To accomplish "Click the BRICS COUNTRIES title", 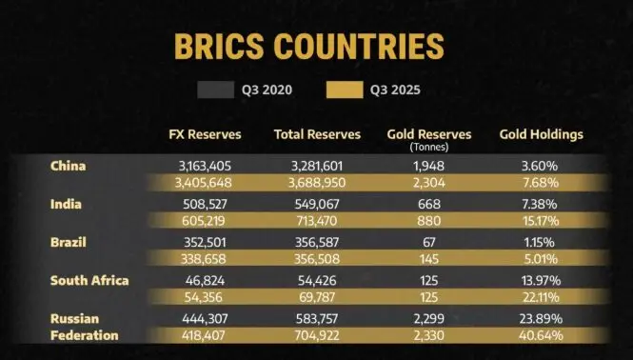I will click(x=309, y=47).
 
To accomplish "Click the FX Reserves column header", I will click(x=205, y=134).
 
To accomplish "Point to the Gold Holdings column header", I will click(x=541, y=134).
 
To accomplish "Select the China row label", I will click(x=68, y=166).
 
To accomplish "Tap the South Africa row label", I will click(x=89, y=280).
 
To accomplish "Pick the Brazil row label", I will click(x=69, y=242).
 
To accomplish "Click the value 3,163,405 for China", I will click(x=205, y=166).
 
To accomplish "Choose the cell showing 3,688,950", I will click(x=316, y=183).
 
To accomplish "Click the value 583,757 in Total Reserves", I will click(x=316, y=318).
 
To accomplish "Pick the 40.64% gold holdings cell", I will click(x=541, y=335).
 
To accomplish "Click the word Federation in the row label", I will click(x=85, y=335).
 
